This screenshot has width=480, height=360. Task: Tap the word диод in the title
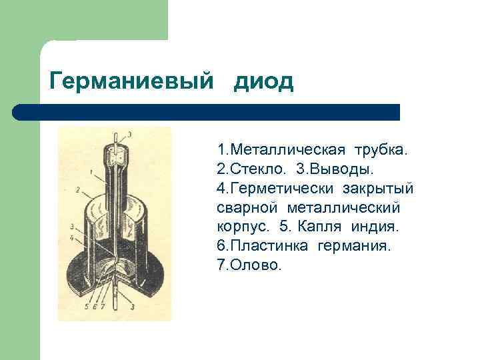pyautogui.click(x=263, y=81)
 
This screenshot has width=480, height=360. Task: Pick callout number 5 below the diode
pyautogui.click(x=85, y=307)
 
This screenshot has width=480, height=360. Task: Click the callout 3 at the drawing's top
pyautogui.click(x=129, y=135)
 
